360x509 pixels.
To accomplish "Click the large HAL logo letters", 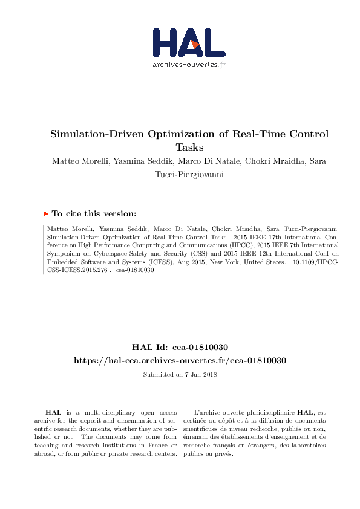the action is pyautogui.click(x=180, y=43).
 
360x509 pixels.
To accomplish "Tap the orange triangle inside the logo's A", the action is pyautogui.click(x=193, y=44).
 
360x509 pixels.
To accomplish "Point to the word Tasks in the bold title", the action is pyautogui.click(x=189, y=147).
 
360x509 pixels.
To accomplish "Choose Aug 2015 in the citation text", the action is pyautogui.click(x=188, y=263).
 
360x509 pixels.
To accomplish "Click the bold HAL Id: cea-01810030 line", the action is pyautogui.click(x=180, y=348).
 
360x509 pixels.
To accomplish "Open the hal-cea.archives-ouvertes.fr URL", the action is pyautogui.click(x=180, y=360).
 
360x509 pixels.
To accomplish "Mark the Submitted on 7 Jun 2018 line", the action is pyautogui.click(x=180, y=374).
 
